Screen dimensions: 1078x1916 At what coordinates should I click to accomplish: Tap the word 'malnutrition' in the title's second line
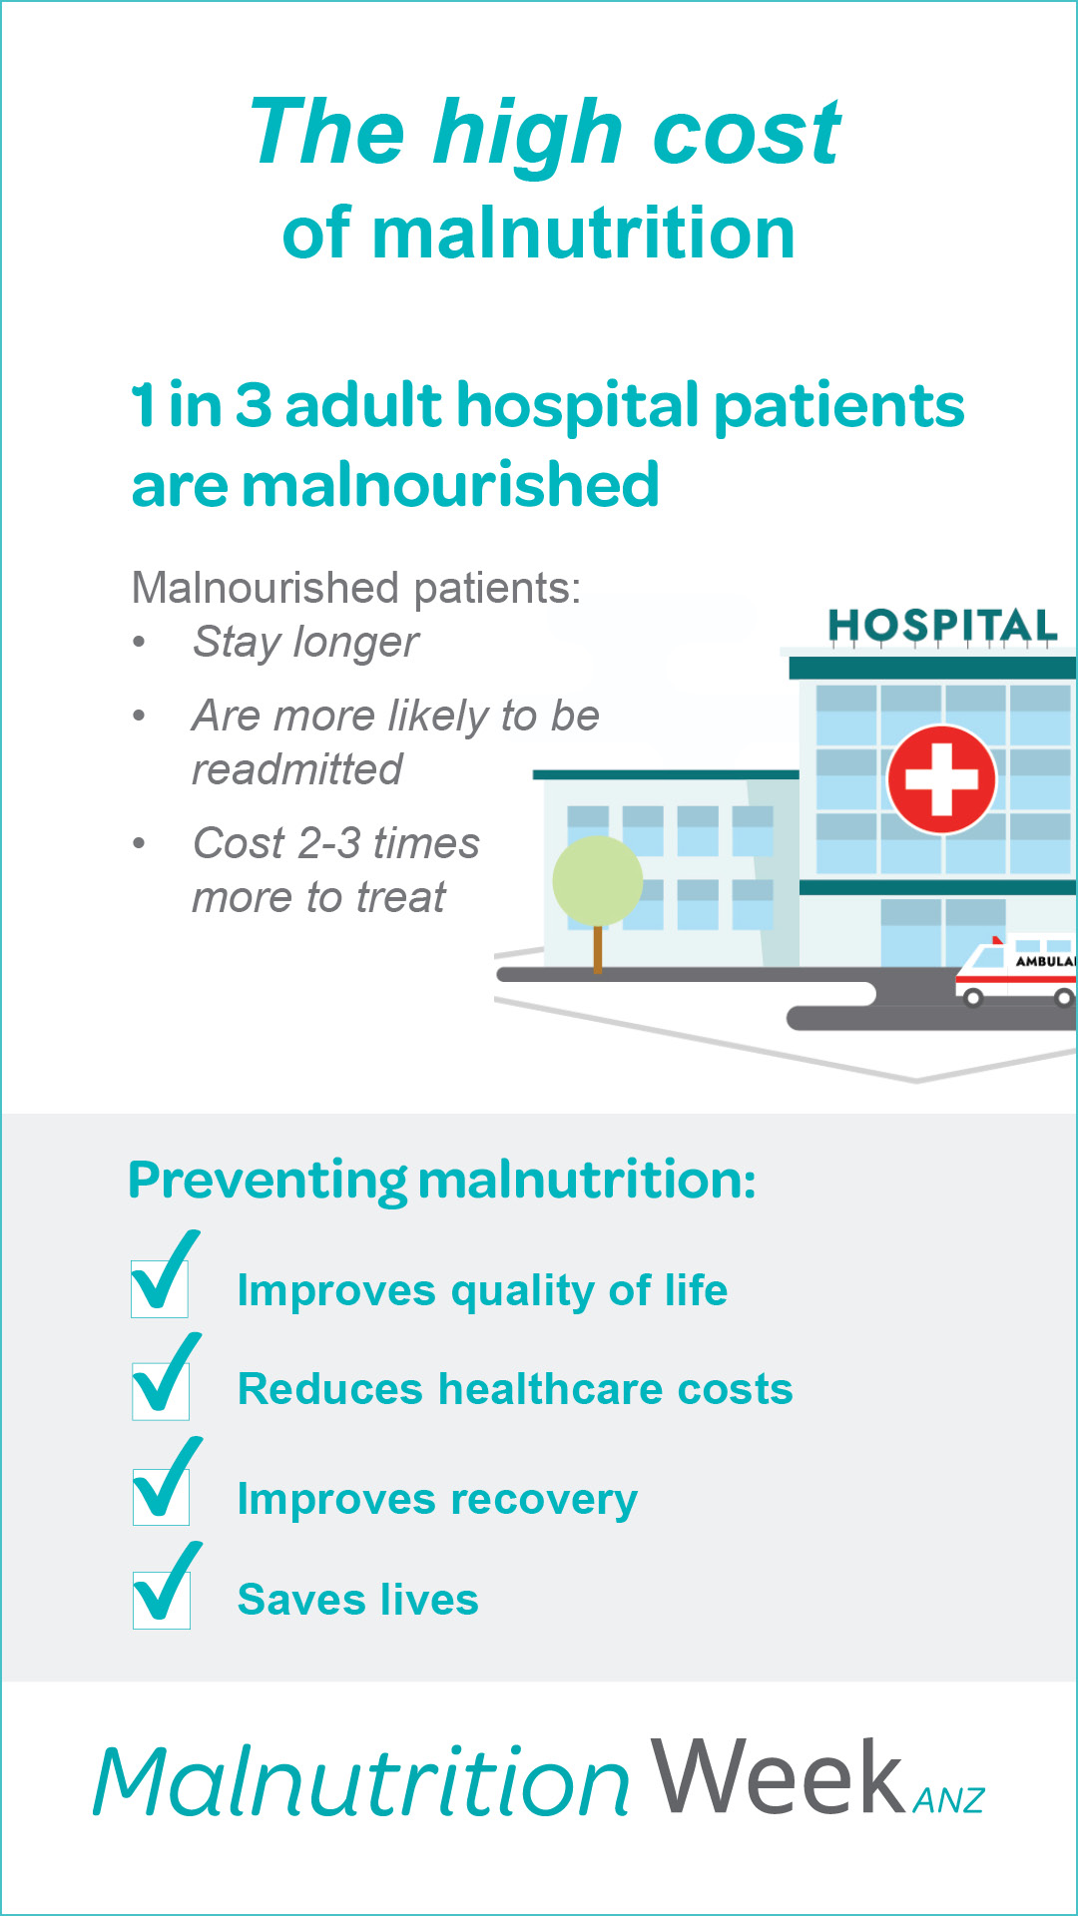coord(584,233)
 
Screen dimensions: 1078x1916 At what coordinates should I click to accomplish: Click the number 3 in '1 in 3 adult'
coord(254,405)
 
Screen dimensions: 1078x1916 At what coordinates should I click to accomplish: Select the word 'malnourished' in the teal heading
coord(450,485)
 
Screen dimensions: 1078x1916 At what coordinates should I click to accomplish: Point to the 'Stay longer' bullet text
coord(305,643)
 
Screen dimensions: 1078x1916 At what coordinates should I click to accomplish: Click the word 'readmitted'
coord(297,769)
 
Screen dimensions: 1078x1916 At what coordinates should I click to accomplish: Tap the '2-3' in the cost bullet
coord(329,843)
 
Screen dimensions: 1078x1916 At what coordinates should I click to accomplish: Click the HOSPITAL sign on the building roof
coord(942,626)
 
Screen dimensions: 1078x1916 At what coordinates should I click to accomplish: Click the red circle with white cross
coord(941,778)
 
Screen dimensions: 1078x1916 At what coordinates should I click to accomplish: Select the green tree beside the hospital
coord(597,881)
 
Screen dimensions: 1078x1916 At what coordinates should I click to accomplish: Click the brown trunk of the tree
coord(598,949)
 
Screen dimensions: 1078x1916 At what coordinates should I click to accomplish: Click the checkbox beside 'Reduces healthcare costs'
coord(161,1391)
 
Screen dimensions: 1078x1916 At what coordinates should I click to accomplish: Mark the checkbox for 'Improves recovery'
coord(161,1496)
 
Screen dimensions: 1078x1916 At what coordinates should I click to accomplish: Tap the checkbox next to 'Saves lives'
coord(162,1600)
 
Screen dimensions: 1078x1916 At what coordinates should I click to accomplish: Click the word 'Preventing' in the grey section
coord(268,1181)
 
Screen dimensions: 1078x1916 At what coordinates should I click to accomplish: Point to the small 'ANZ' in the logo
coord(949,1800)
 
